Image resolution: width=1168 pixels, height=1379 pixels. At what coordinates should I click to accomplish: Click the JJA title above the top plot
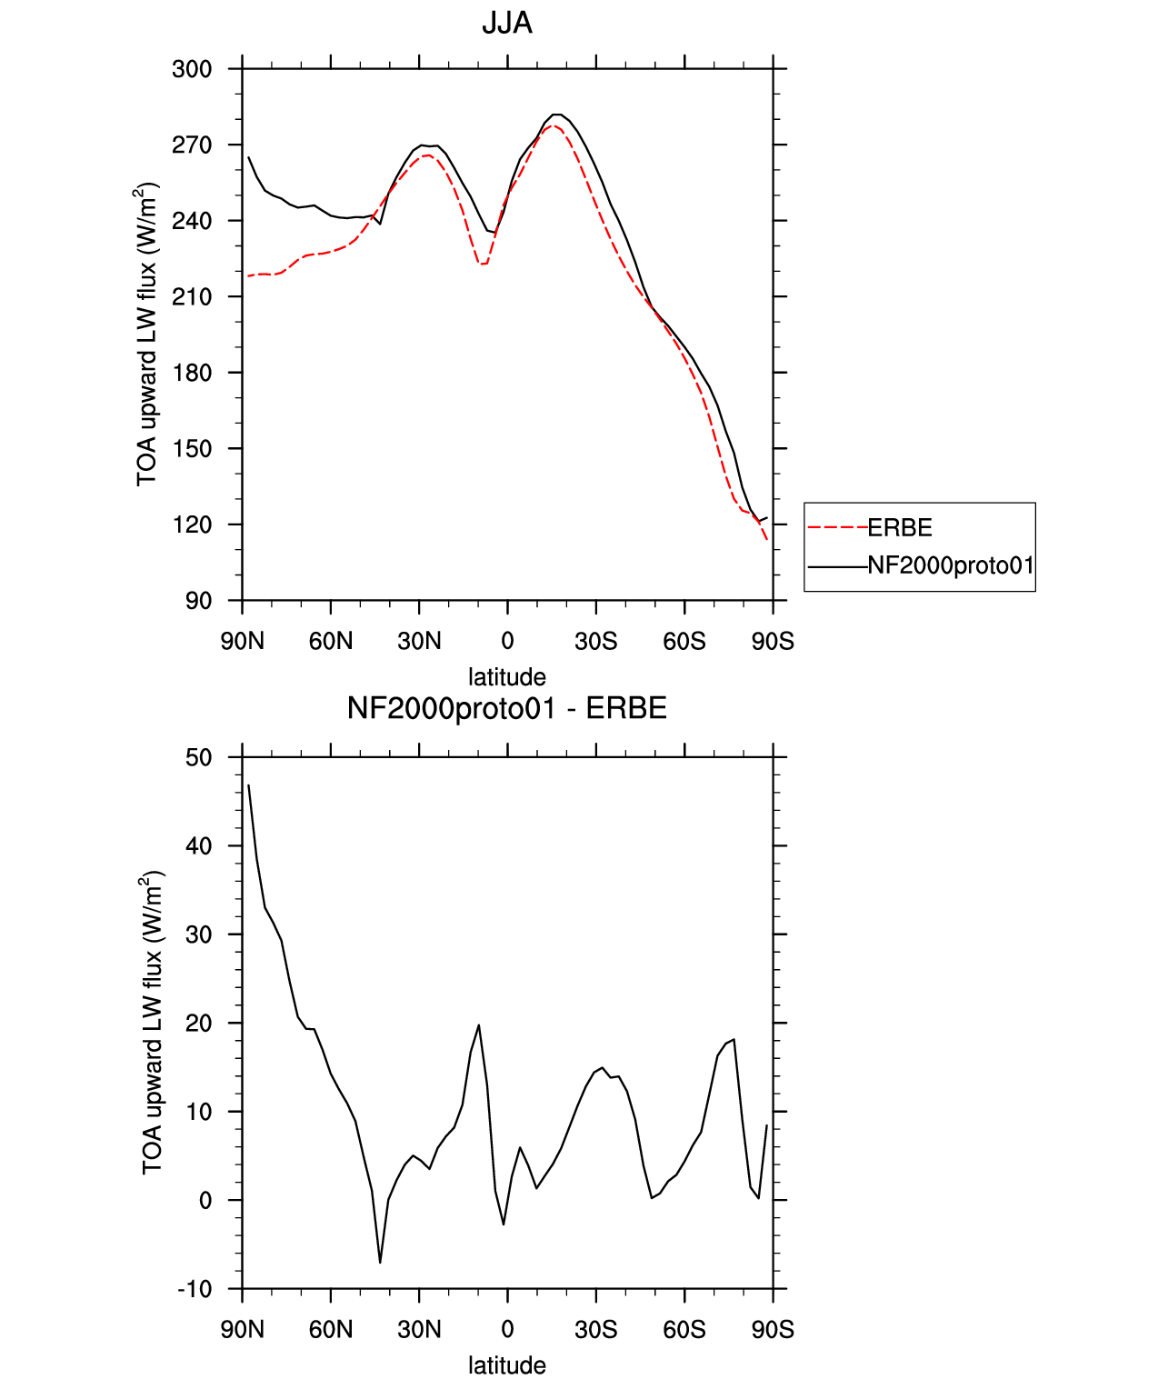[507, 24]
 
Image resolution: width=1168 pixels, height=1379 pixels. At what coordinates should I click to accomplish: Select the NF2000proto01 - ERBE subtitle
[507, 708]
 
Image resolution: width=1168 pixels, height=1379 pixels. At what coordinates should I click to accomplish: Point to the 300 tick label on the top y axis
[192, 69]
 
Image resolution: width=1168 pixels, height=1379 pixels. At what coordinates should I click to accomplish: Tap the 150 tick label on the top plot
[192, 448]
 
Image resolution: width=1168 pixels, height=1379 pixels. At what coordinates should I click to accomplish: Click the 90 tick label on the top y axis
[199, 601]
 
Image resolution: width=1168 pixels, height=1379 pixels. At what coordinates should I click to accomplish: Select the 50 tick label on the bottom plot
[199, 757]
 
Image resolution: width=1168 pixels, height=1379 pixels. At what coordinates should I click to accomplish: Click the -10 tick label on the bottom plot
[195, 1289]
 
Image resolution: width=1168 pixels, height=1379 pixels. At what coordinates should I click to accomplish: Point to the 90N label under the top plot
[242, 641]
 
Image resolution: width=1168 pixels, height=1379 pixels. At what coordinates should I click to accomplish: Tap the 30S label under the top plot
[595, 641]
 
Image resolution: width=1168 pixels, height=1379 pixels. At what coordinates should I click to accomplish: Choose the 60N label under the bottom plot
[331, 1330]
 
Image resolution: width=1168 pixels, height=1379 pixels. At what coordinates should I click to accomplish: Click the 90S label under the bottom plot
[773, 1330]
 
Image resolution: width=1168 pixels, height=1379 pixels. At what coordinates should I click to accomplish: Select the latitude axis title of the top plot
[507, 677]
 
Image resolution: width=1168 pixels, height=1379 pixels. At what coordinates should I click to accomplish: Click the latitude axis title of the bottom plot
[507, 1365]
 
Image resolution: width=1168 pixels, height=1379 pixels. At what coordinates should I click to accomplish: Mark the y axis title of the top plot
[147, 334]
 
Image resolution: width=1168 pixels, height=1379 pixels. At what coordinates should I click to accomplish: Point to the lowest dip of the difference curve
[380, 1263]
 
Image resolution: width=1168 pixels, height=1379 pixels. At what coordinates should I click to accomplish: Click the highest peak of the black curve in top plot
[555, 115]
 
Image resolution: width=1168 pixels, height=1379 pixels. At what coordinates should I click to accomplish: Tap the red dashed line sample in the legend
[837, 528]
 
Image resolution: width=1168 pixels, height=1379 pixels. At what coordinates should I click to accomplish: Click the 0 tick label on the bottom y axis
[205, 1200]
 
